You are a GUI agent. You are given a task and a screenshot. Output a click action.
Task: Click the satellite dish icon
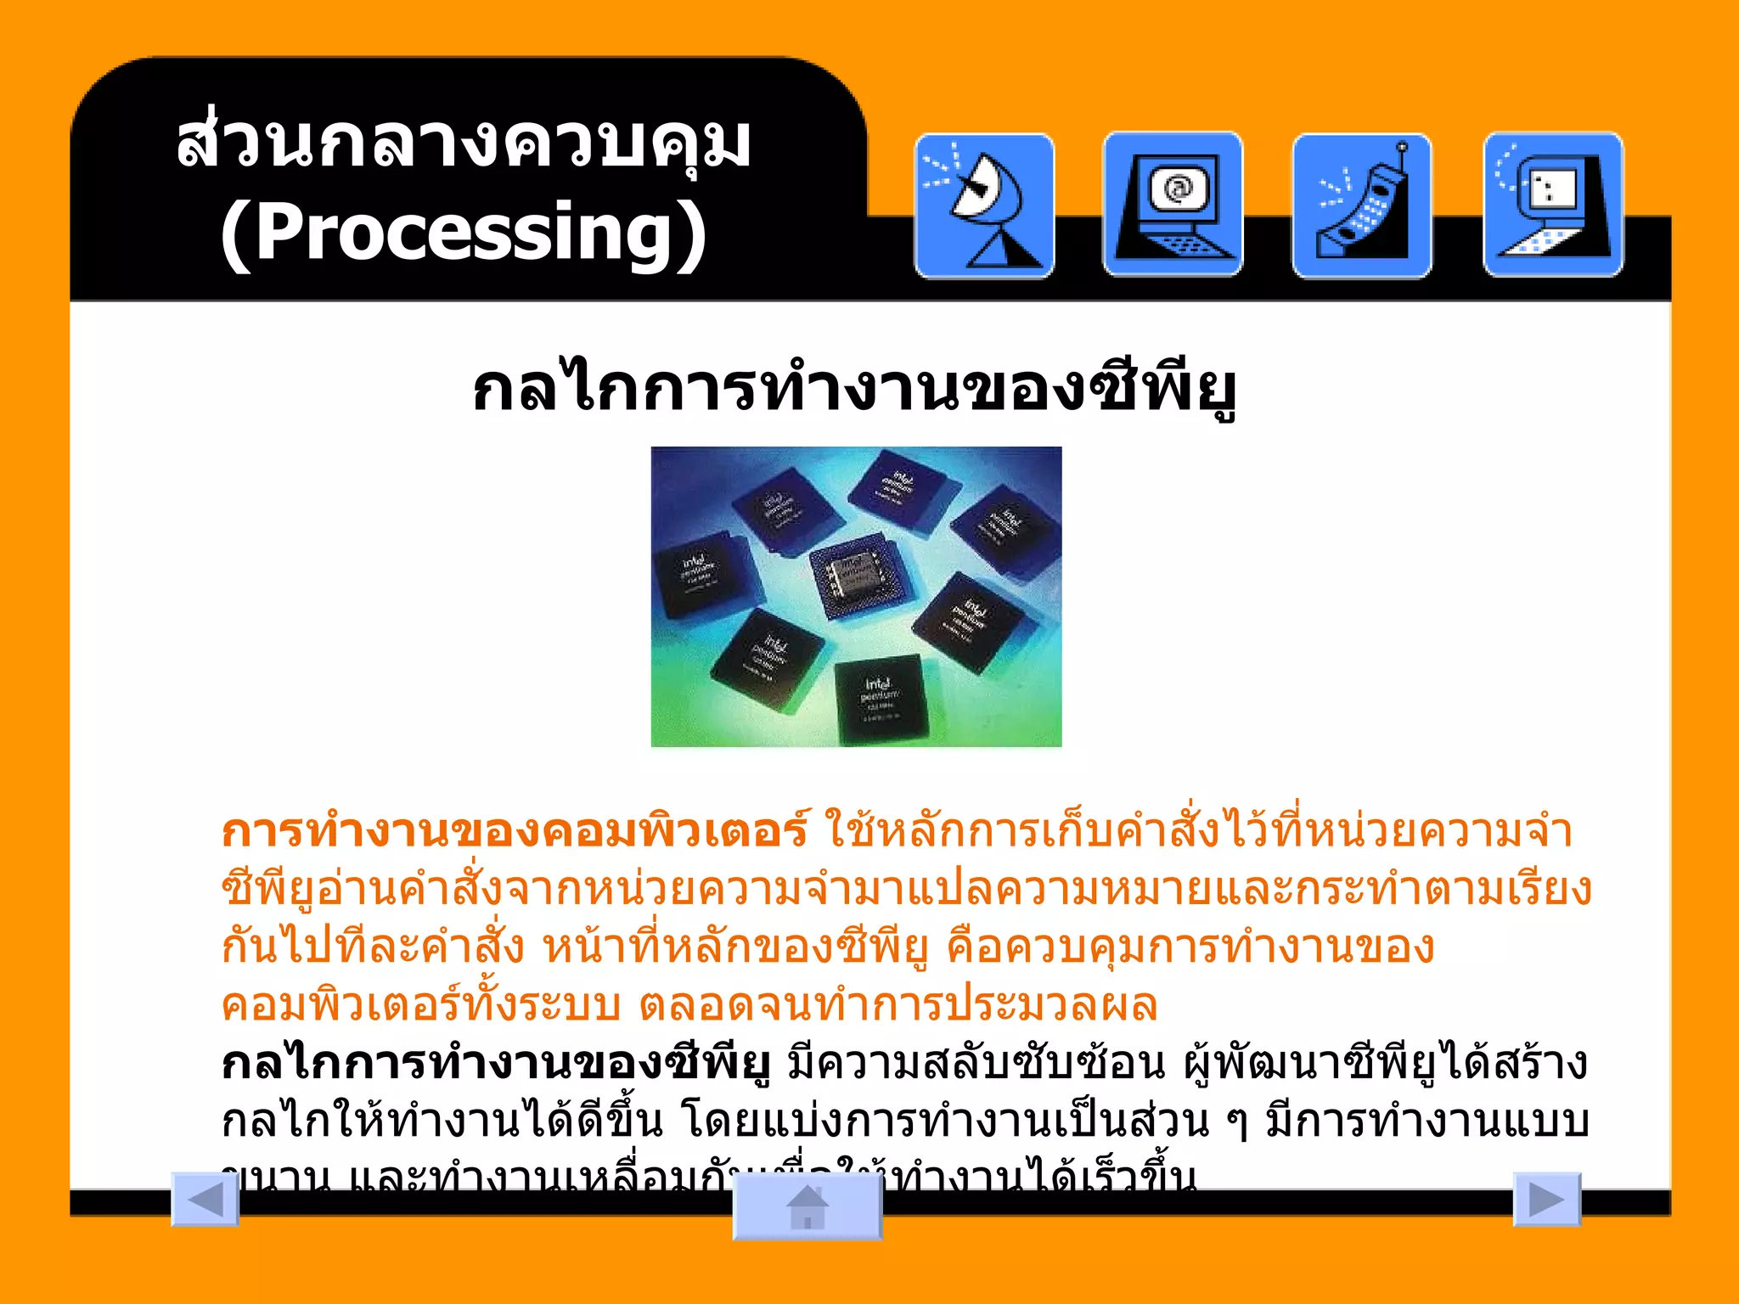tap(984, 205)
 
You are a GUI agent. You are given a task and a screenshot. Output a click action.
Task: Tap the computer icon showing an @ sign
tap(1173, 205)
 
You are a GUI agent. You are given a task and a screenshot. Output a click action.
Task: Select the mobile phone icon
tap(1361, 206)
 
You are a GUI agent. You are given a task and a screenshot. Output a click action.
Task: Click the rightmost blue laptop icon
tap(1553, 205)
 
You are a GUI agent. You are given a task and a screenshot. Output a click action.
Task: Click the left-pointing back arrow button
tap(205, 1199)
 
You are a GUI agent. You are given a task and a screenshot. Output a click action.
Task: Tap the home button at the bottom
tap(807, 1206)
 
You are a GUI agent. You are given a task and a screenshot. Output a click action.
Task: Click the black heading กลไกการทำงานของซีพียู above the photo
tap(854, 390)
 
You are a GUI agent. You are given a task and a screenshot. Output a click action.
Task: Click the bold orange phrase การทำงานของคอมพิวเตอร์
tap(515, 831)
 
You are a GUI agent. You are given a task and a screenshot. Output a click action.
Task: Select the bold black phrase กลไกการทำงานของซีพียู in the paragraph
tap(497, 1064)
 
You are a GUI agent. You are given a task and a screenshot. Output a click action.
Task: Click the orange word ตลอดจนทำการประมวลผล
tap(898, 1005)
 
